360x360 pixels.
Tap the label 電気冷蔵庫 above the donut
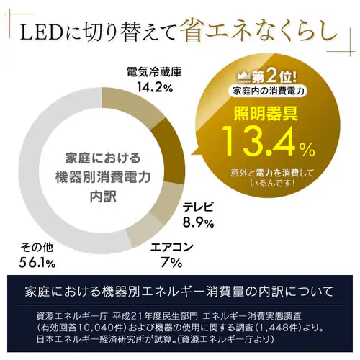(151, 72)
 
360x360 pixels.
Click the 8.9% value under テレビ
(198, 222)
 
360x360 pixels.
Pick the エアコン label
(171, 247)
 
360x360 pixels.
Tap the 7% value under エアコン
(171, 262)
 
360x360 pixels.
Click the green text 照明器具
(266, 113)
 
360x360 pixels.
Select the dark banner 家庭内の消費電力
(266, 91)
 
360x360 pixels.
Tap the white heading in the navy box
(179, 291)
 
